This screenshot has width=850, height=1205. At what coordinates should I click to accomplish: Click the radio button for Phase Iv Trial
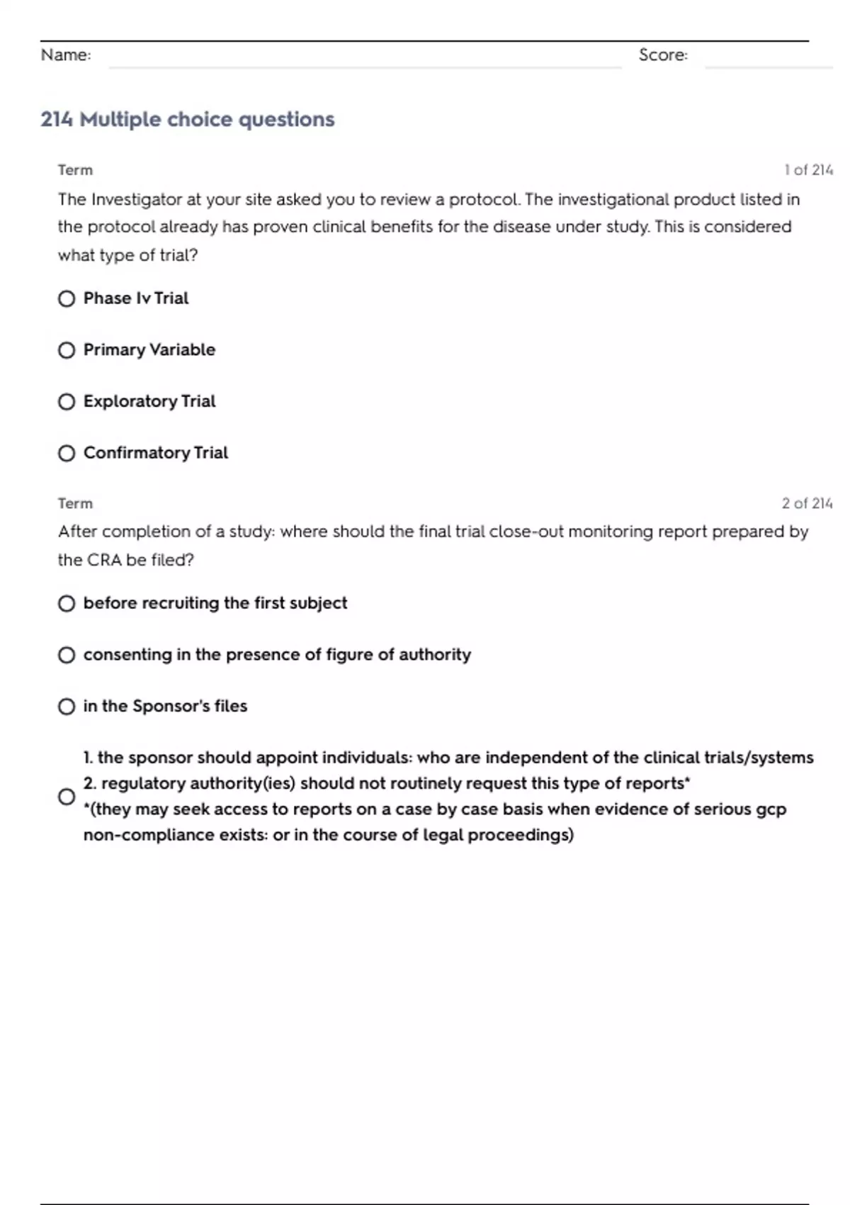(x=67, y=298)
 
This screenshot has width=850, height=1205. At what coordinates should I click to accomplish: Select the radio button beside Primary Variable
(x=67, y=350)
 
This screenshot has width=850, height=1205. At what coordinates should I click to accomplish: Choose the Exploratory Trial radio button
(x=67, y=402)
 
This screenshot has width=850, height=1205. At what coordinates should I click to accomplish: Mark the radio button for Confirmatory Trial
(x=67, y=453)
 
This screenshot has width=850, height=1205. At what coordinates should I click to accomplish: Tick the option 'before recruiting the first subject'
(x=67, y=603)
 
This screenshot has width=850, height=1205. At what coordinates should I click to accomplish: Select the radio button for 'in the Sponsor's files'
(x=67, y=707)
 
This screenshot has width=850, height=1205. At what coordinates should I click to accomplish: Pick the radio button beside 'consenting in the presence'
(x=67, y=655)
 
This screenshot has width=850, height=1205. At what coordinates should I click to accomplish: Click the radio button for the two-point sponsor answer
(x=67, y=797)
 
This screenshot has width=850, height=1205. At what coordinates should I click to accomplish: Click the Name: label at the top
(x=66, y=55)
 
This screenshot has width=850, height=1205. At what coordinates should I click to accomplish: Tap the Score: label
(x=663, y=55)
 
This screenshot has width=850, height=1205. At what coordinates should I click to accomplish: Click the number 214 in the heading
(x=57, y=119)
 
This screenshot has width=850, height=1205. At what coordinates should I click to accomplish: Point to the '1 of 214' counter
(x=808, y=170)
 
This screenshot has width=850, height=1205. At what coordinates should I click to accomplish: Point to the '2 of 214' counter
(x=807, y=503)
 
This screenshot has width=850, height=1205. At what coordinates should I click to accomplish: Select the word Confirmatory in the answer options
(x=136, y=453)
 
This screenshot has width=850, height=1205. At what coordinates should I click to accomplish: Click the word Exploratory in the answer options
(x=130, y=402)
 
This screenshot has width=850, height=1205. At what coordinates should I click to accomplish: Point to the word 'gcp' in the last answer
(x=771, y=809)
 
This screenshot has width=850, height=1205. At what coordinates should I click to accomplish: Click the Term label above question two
(x=75, y=503)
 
